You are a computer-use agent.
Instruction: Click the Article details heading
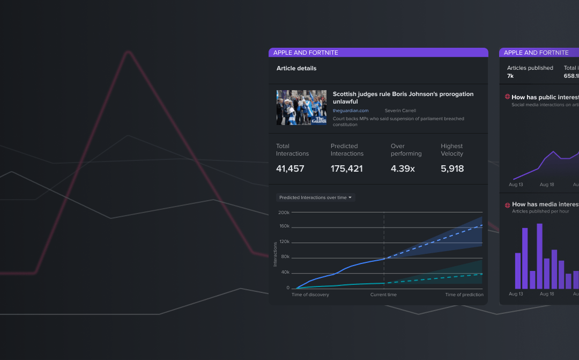click(296, 68)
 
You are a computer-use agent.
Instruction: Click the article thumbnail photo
click(301, 107)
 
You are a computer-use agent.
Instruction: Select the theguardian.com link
click(351, 111)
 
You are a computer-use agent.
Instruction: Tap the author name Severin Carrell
click(400, 111)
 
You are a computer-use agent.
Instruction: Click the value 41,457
click(290, 168)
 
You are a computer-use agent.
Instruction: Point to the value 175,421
click(346, 168)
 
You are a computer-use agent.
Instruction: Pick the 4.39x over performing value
click(403, 168)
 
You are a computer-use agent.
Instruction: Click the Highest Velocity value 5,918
click(452, 168)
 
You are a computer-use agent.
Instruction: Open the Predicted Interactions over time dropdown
click(315, 197)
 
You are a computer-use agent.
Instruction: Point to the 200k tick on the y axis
click(284, 212)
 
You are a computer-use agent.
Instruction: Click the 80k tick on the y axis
click(285, 257)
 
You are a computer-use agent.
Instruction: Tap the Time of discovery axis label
click(310, 295)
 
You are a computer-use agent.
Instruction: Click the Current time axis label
click(383, 295)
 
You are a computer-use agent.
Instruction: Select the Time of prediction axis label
click(464, 295)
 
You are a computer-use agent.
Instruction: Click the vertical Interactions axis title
click(276, 254)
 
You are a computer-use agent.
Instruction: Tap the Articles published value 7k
click(510, 76)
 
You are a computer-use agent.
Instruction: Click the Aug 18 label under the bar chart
click(547, 294)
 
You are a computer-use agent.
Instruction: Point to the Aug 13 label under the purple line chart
click(516, 185)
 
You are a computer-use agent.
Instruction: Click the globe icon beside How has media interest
click(507, 204)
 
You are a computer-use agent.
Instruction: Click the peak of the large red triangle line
click(128, 53)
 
